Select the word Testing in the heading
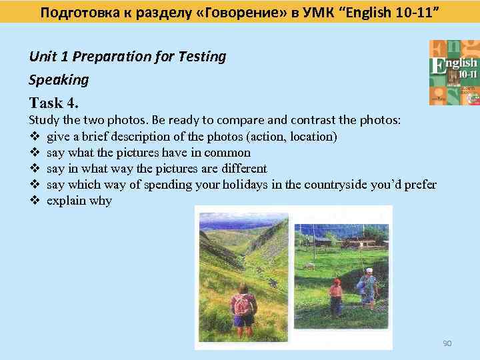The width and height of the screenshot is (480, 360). pyautogui.click(x=203, y=57)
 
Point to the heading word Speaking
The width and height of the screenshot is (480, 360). pyautogui.click(x=59, y=80)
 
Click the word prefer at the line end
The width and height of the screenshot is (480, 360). pyautogui.click(x=420, y=185)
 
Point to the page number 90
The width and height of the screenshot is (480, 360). pyautogui.click(x=447, y=343)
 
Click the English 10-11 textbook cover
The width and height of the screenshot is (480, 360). pyautogui.click(x=454, y=72)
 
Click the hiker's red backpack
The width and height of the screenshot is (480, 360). pyautogui.click(x=243, y=304)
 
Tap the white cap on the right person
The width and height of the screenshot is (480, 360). pyautogui.click(x=369, y=270)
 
